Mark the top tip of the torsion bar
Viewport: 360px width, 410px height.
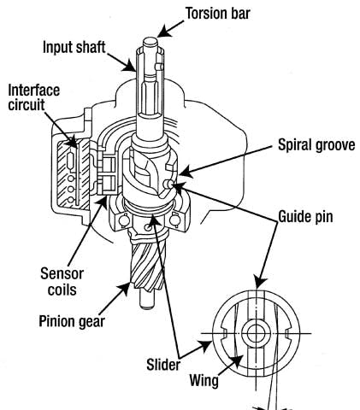tap(149, 40)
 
